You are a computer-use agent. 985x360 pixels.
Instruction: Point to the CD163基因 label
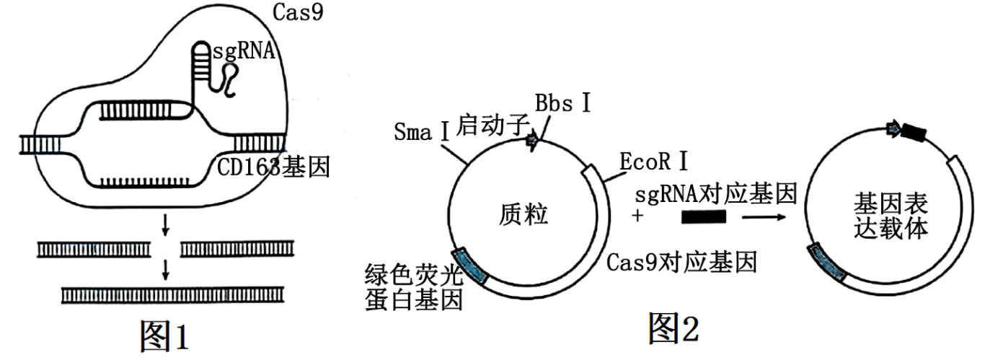(274, 167)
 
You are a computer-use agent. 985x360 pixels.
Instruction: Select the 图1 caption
(164, 336)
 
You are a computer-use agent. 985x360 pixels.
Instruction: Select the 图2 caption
(673, 328)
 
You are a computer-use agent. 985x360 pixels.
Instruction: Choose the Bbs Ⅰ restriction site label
(562, 102)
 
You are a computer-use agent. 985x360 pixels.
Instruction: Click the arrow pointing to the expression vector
(769, 215)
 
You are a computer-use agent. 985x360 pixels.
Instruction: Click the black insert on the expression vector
(914, 133)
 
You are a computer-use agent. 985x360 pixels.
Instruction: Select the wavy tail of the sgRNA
(229, 79)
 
